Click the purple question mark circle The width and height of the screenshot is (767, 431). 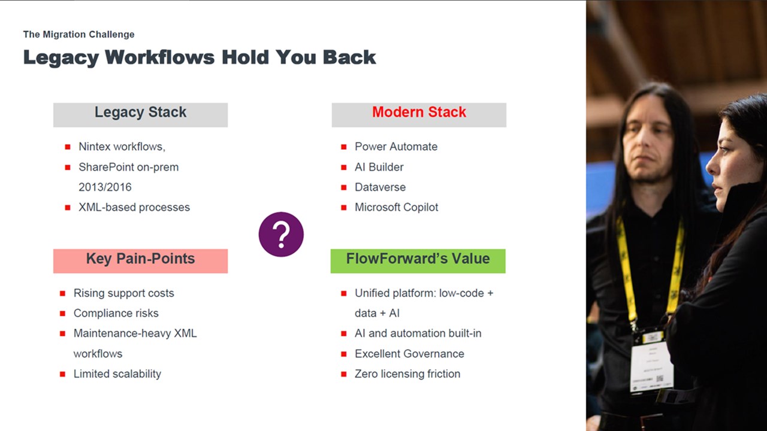(x=281, y=234)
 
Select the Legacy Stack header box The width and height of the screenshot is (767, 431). (x=140, y=115)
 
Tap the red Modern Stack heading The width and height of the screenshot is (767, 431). (x=419, y=112)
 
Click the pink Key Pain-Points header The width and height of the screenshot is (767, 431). (x=140, y=261)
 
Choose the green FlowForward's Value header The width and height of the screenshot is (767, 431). (x=418, y=261)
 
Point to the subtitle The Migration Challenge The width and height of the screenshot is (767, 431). (x=78, y=35)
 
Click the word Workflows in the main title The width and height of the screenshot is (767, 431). (x=159, y=57)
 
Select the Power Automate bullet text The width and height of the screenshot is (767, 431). (x=396, y=147)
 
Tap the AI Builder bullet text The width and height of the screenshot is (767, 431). (x=379, y=167)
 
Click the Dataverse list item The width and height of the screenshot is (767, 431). (x=380, y=187)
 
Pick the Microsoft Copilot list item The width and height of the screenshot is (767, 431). (x=397, y=207)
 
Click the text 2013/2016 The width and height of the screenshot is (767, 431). (x=105, y=187)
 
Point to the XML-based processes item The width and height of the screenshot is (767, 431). (x=134, y=207)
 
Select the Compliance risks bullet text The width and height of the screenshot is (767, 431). (x=116, y=313)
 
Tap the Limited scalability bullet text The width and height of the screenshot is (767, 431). (x=117, y=374)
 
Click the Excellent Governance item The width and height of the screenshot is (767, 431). (x=409, y=354)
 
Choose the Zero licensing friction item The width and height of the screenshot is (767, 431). (x=407, y=374)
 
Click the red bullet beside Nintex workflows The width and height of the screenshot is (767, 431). (x=68, y=147)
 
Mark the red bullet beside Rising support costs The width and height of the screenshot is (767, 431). (x=63, y=293)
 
